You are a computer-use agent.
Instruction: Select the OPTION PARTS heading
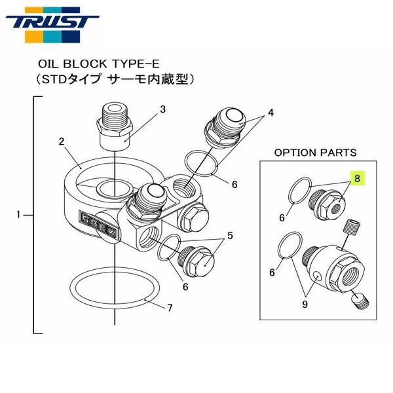315,152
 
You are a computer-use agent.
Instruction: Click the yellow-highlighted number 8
357,177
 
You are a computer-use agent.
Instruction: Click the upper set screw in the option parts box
353,230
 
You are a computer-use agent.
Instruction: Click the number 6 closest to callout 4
233,185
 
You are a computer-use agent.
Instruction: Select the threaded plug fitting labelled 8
330,203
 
